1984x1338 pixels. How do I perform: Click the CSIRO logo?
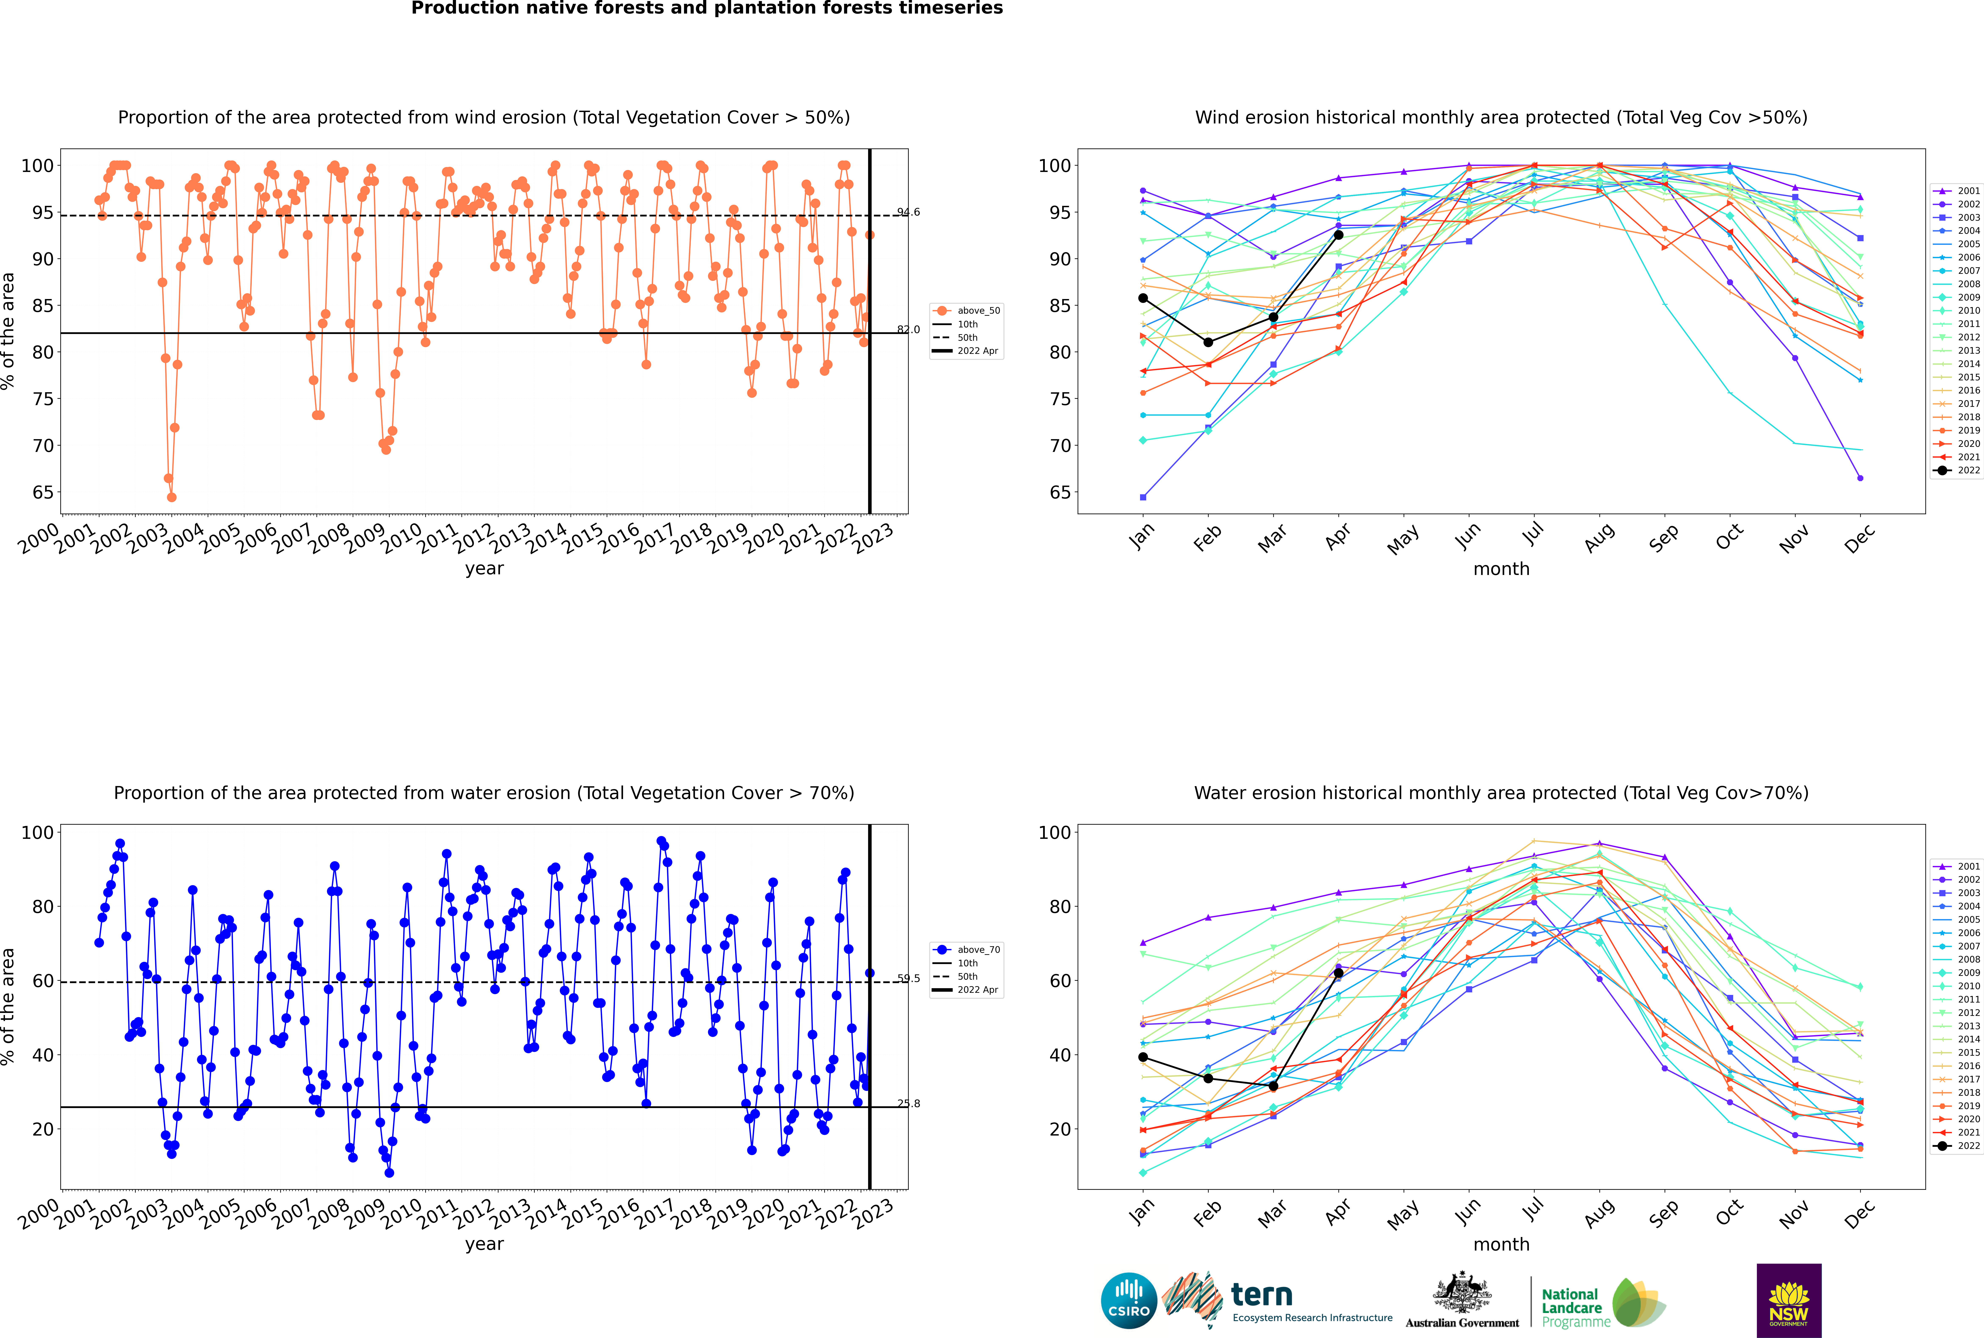(1128, 1301)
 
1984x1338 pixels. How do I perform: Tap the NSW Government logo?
(1789, 1301)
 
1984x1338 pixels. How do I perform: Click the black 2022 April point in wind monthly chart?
(1338, 235)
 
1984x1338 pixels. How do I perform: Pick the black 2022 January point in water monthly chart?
(1143, 1057)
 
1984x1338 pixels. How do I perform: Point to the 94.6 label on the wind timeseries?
(908, 212)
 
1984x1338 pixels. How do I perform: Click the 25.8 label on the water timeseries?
(908, 1103)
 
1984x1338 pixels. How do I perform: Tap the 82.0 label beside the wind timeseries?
(908, 329)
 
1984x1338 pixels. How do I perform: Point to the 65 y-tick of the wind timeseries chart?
(43, 492)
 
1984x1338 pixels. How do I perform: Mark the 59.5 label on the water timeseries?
(908, 979)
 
